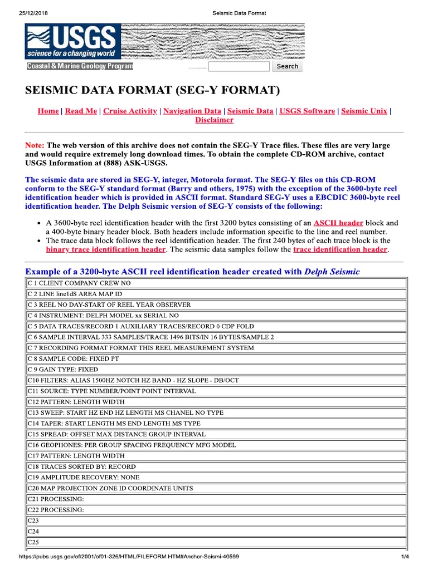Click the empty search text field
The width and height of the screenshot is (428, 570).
239,67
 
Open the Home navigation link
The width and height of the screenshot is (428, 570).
48,111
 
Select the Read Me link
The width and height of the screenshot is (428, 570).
81,111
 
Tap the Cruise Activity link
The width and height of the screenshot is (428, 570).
130,111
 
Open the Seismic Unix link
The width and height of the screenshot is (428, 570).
364,111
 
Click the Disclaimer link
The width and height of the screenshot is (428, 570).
214,120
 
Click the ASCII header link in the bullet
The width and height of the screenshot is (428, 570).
338,222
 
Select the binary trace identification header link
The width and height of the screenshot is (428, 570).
105,249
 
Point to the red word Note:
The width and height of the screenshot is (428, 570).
35,145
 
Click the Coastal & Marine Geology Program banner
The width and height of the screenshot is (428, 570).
80,66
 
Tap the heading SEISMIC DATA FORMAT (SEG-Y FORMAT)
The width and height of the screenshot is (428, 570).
152,90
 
